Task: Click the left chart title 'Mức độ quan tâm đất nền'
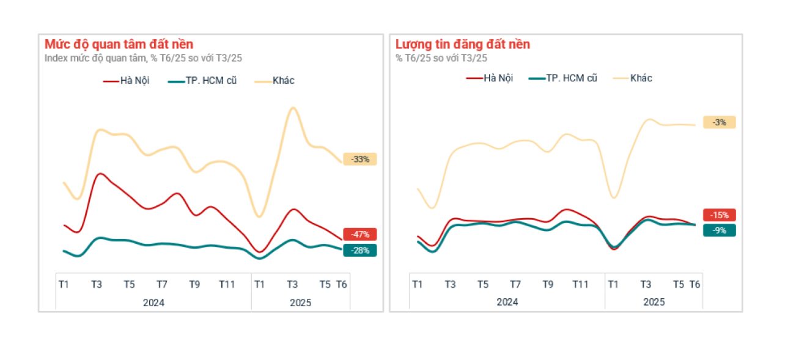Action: click(x=119, y=45)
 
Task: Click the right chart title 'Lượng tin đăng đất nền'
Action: click(x=462, y=45)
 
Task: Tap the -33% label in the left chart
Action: click(x=360, y=159)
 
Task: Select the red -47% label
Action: click(x=360, y=234)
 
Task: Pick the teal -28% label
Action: click(x=360, y=250)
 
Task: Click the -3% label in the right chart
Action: click(x=719, y=122)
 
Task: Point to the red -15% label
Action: click(x=719, y=215)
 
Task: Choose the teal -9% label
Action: click(x=719, y=230)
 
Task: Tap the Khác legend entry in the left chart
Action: click(x=283, y=81)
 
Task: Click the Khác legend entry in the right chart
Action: click(x=641, y=78)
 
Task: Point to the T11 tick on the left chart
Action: click(x=227, y=284)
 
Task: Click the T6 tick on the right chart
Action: click(x=695, y=284)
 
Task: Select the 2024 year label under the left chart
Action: click(x=153, y=302)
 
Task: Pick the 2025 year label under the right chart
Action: click(x=654, y=302)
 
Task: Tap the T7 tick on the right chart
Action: click(x=515, y=284)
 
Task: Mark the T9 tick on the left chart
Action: click(x=194, y=284)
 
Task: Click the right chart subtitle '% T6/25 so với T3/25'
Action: click(x=441, y=58)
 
